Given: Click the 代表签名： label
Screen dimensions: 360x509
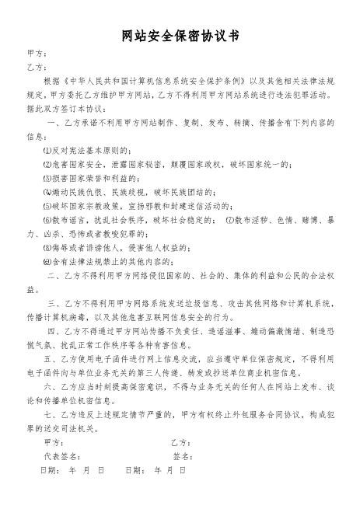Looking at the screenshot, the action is tap(62, 455).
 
